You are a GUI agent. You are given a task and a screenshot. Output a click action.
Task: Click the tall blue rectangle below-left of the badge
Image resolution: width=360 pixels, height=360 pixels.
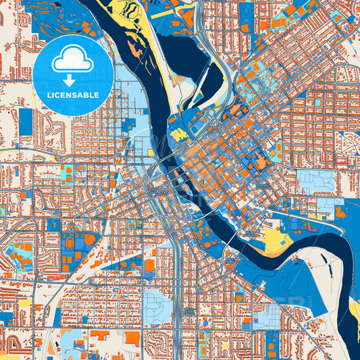pyautogui.click(x=26, y=122)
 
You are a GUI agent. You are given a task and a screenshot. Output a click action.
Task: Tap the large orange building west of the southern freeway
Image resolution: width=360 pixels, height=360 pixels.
pyautogui.click(x=149, y=265)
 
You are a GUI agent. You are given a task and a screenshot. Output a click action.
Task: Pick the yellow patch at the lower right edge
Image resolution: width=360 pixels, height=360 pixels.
pyautogui.click(x=354, y=311)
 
